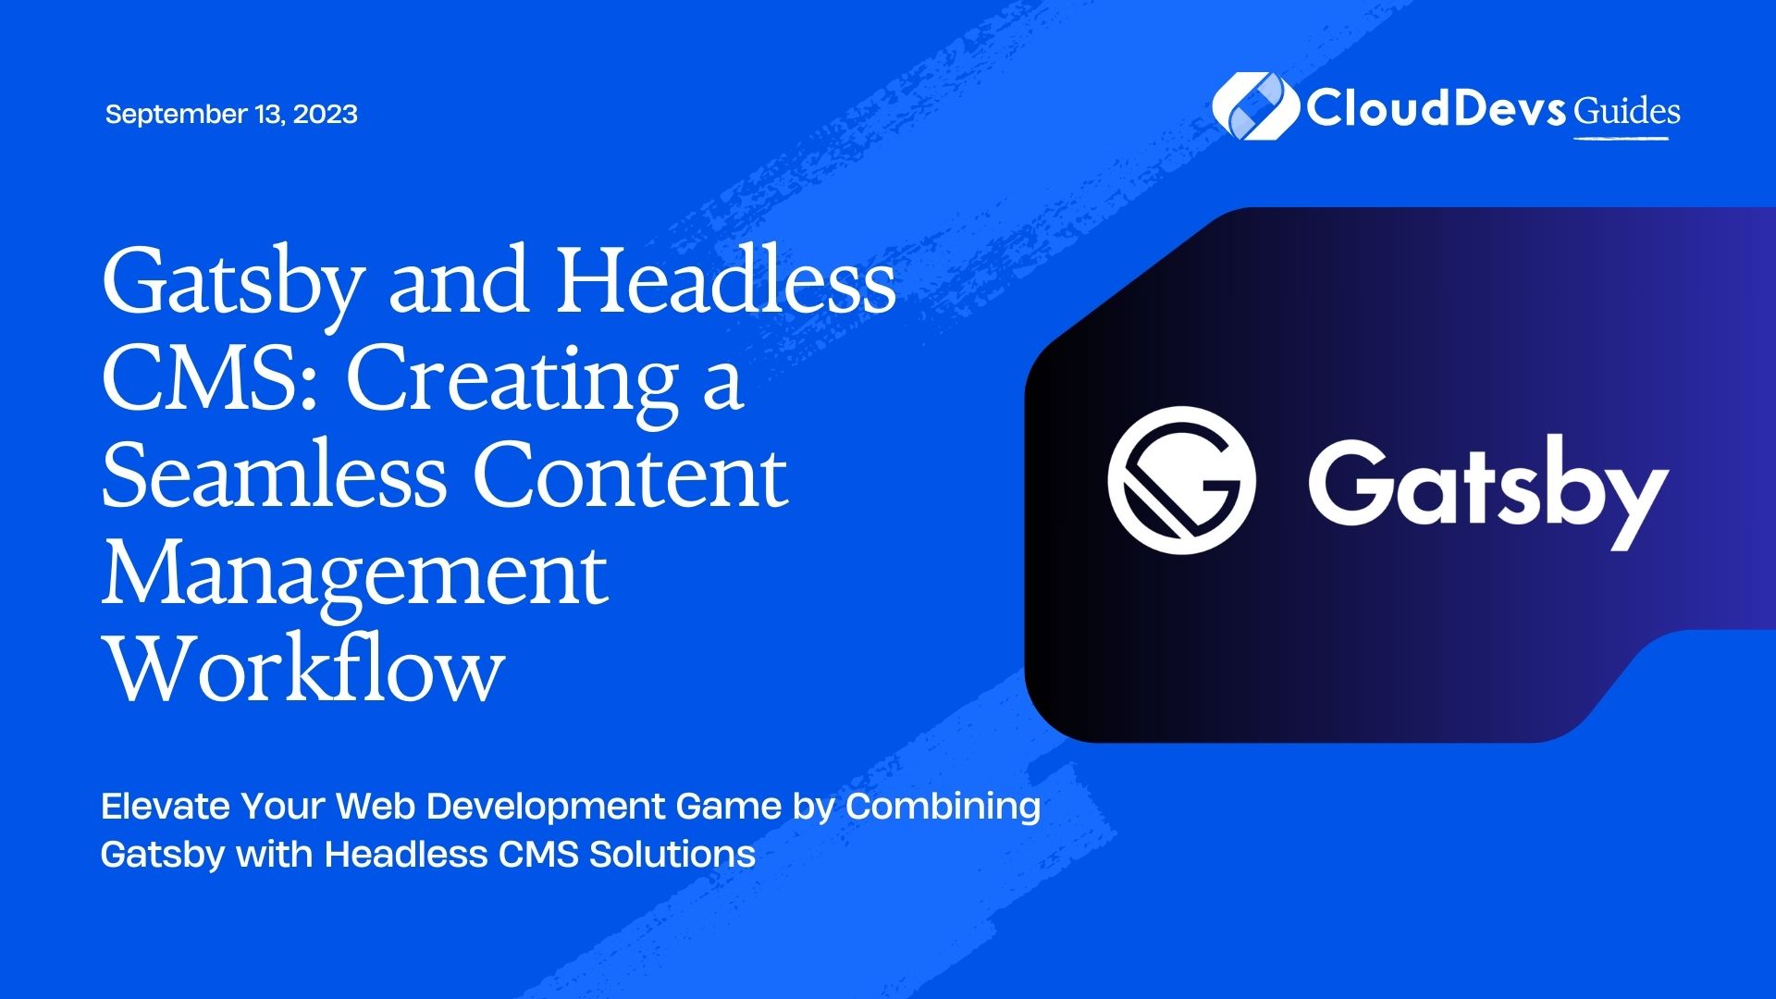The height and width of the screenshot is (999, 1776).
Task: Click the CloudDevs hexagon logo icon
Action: [x=1254, y=106]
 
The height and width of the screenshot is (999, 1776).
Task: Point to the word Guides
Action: [x=1627, y=111]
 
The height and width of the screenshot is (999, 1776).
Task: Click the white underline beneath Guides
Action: [x=1622, y=139]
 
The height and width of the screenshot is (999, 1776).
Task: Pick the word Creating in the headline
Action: [x=512, y=382]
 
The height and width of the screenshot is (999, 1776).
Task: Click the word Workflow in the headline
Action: [x=303, y=669]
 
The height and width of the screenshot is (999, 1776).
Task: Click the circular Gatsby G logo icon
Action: [x=1181, y=480]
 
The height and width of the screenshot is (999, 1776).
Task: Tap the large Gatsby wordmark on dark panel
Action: [x=1488, y=490]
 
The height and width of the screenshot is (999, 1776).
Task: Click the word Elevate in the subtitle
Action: [x=166, y=807]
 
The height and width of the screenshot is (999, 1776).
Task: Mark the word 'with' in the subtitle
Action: [x=276, y=854]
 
